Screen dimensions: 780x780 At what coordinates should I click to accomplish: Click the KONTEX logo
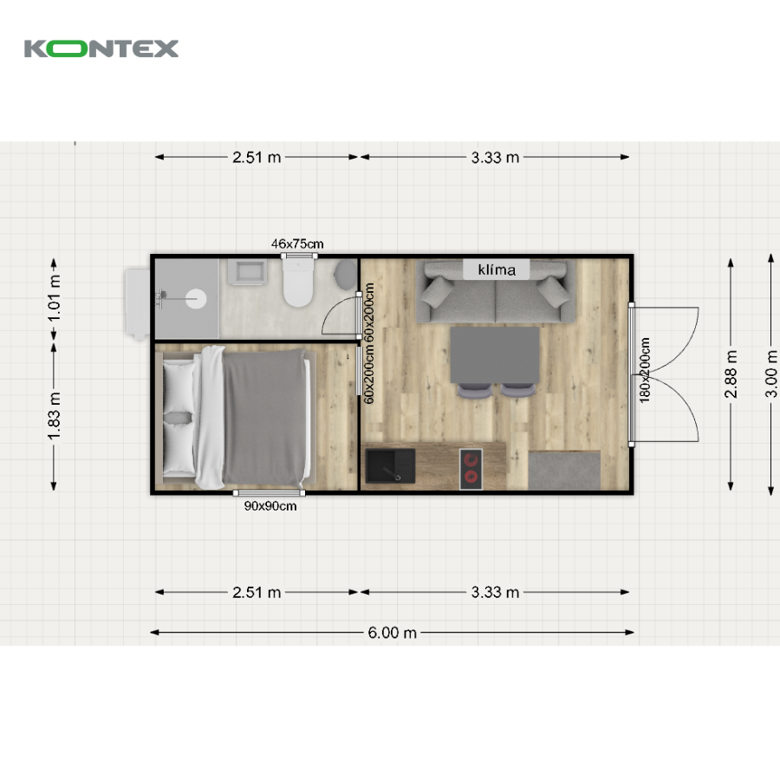click(x=101, y=49)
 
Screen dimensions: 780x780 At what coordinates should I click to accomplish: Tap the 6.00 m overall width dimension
click(x=392, y=633)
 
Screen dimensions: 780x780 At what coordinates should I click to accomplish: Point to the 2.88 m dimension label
click(x=731, y=374)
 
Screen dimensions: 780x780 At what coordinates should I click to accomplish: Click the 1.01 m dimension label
click(x=54, y=298)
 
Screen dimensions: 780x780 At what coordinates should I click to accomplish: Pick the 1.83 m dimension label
click(x=54, y=416)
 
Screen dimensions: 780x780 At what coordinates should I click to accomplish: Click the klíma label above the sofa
click(x=497, y=270)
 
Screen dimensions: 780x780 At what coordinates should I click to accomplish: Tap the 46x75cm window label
click(x=297, y=244)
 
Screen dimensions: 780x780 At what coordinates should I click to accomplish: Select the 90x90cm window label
click(x=270, y=506)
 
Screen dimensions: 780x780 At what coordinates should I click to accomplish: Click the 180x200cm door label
click(x=645, y=370)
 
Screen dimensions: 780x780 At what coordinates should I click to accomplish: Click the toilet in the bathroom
click(x=298, y=282)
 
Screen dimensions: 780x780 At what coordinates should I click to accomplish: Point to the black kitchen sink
click(x=391, y=466)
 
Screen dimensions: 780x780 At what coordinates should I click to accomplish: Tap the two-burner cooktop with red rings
click(x=471, y=469)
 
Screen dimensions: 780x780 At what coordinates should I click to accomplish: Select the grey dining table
click(x=495, y=354)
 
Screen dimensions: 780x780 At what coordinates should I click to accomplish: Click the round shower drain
click(x=196, y=298)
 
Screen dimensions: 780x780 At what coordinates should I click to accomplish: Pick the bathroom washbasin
click(x=247, y=271)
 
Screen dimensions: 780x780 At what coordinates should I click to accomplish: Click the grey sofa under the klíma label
click(x=496, y=292)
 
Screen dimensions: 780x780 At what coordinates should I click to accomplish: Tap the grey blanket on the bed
click(x=264, y=417)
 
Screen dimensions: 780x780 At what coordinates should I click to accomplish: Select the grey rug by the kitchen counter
click(x=564, y=470)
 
